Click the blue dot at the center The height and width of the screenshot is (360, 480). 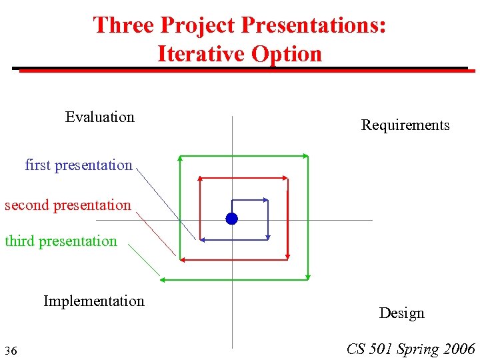[x=231, y=219]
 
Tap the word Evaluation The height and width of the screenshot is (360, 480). [x=100, y=117]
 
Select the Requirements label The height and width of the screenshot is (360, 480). [x=405, y=125]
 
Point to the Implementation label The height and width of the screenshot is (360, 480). [x=94, y=301]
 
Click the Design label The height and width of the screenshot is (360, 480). [x=401, y=313]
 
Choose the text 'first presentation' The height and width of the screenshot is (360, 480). [x=79, y=165]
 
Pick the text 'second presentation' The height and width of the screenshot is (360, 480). [x=68, y=205]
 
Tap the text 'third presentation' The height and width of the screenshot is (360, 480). [x=61, y=241]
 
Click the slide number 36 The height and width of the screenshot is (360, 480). [x=10, y=351]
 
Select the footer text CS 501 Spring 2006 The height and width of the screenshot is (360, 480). [x=411, y=349]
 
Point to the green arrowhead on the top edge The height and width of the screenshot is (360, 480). [x=305, y=155]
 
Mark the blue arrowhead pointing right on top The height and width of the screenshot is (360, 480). [x=265, y=199]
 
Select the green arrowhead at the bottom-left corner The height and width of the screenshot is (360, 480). [x=164, y=280]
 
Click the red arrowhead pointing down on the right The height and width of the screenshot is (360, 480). [x=287, y=254]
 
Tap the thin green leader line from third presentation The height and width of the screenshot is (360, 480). [x=143, y=260]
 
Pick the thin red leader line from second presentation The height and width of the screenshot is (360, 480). [x=157, y=234]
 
